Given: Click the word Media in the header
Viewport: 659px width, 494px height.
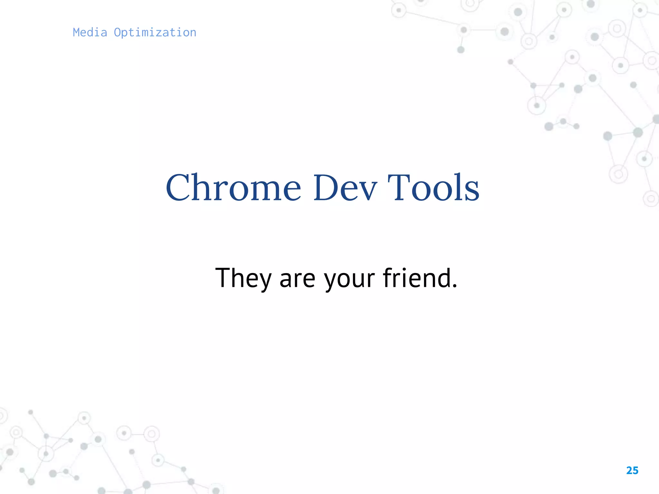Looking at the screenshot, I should [90, 32].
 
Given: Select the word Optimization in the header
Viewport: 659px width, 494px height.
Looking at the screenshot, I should [155, 33].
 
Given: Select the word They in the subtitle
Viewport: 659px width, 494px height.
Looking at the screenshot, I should [244, 278].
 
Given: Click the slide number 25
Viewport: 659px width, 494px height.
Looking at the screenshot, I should [632, 471].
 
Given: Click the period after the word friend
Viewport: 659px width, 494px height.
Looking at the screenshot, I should [454, 286].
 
